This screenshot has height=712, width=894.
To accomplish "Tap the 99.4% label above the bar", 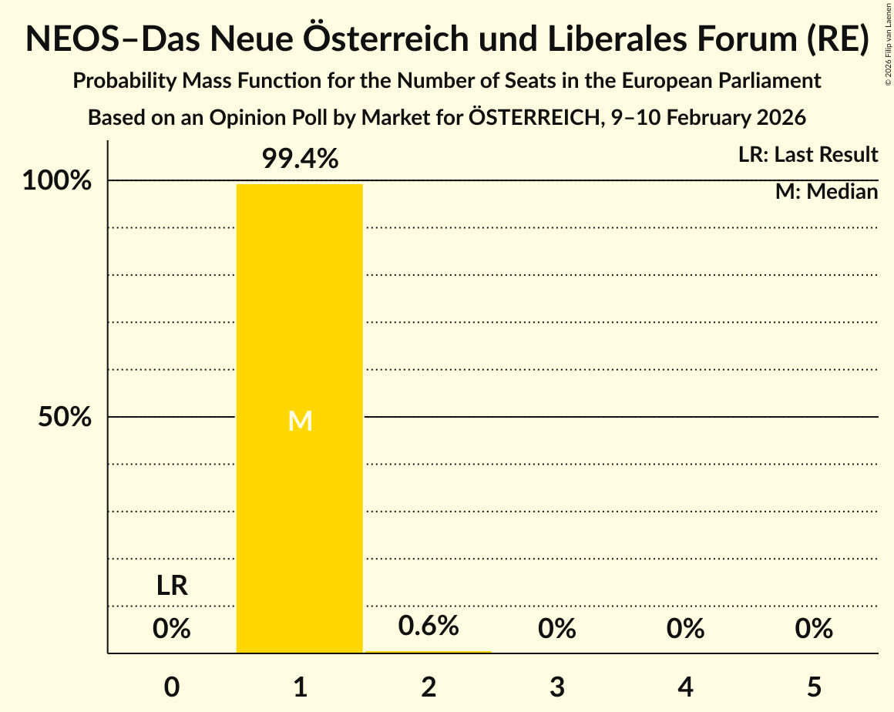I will coord(300,160).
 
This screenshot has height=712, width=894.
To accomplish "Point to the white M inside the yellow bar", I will coord(300,421).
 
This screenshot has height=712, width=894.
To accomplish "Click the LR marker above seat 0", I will coord(172,586).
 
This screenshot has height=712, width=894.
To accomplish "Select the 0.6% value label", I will coord(429,626).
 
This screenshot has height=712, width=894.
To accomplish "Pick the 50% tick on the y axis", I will coord(66,418).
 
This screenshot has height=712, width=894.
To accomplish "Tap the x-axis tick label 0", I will coord(172,687).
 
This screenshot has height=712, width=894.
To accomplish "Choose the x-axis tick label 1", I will coord(300,687).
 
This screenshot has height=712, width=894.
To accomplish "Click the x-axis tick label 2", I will coord(429,687).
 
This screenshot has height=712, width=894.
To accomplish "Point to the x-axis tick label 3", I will coord(557,687).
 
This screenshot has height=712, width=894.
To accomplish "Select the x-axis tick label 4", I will coord(686,687).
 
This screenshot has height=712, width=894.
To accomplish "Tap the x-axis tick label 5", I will coord(814,687).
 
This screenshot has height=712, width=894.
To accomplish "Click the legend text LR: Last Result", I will coord(808,155).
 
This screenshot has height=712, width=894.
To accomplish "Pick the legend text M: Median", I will coord(826,192).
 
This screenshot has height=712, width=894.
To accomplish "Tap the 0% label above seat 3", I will coord(557,630).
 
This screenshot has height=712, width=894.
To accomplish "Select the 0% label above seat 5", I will coord(814,630).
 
